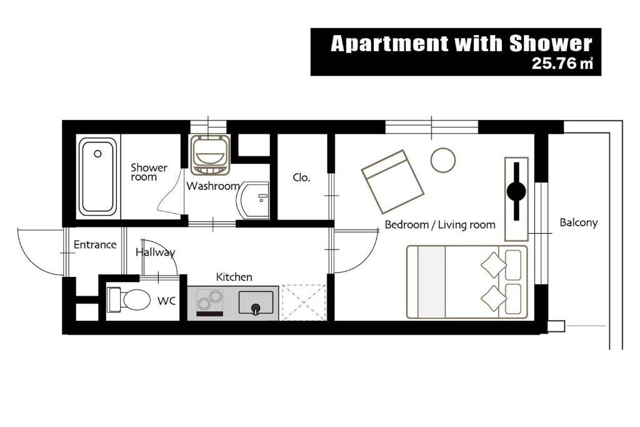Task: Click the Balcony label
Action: pos(578,223)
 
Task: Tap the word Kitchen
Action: pos(234,277)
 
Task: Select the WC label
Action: pos(166,301)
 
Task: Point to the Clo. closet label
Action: pos(302,178)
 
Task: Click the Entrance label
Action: pos(95,245)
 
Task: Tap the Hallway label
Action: pos(155,253)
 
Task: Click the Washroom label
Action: pos(213,186)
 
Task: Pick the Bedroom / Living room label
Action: pos(440,225)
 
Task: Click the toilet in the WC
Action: pos(127,299)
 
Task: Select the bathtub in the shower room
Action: pos(97,176)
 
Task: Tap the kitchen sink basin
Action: pos(256,303)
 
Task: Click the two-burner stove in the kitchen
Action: pos(210,303)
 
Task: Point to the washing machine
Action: pos(210,155)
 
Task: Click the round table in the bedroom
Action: pos(443,159)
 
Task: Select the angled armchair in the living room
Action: pos(392,182)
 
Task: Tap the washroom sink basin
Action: pos(253,201)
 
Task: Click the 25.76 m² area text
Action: pos(562,63)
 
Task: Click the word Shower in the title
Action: pos(551,44)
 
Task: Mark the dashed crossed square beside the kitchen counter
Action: pos(304,303)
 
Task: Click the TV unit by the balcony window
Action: pos(516,199)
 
